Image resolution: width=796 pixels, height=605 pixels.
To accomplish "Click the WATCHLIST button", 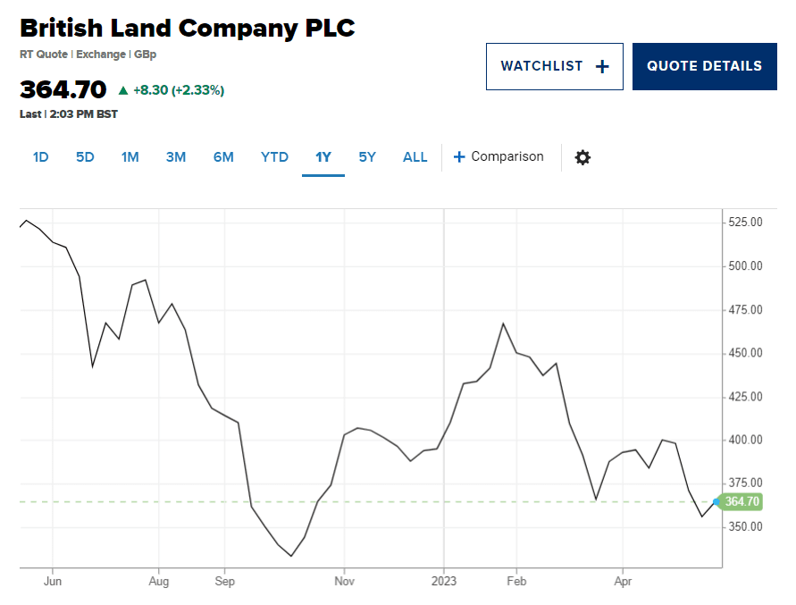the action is tap(555, 66).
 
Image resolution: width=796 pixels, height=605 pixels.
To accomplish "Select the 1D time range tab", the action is tap(40, 157).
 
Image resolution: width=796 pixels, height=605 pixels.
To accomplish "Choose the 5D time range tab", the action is tap(85, 157).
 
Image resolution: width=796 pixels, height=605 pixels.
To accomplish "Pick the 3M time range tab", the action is tap(176, 157).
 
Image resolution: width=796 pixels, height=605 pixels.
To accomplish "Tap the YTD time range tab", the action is tap(274, 157).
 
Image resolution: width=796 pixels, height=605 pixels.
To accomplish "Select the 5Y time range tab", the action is tap(367, 157).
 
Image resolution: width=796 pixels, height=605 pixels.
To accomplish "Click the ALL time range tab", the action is tap(415, 157).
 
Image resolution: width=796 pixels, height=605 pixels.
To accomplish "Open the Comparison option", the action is tap(498, 156).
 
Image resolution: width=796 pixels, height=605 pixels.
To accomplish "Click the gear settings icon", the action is tap(582, 157).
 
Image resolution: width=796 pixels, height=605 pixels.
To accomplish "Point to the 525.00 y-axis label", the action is tap(745, 222).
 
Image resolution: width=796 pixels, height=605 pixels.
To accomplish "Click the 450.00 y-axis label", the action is tap(745, 352).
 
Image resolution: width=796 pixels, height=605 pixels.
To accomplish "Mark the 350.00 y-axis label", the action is tap(745, 526).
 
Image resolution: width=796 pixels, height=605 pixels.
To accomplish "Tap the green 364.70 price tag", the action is tap(742, 502).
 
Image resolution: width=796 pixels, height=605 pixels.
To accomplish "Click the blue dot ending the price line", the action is tap(716, 502).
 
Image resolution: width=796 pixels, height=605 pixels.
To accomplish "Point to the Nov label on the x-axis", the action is tap(344, 581).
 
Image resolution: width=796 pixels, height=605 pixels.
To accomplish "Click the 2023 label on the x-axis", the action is tap(444, 581).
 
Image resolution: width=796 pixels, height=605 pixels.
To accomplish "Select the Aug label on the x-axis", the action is tap(158, 581).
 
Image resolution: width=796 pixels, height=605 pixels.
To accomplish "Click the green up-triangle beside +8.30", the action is tap(123, 90).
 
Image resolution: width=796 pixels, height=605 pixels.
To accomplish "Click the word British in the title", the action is tap(62, 28).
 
